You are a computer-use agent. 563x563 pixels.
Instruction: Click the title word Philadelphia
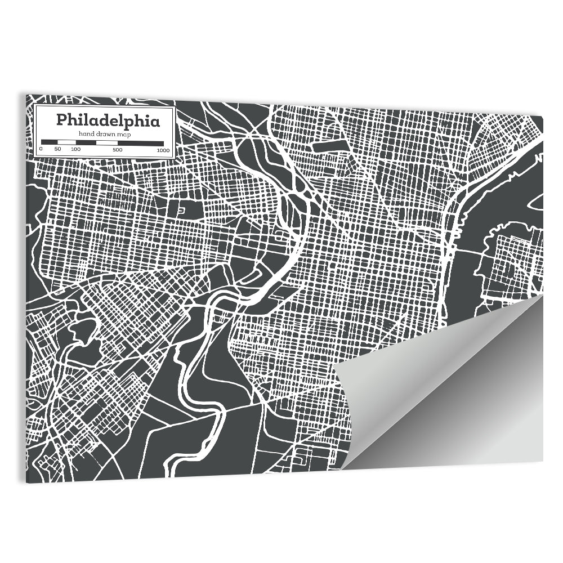107,120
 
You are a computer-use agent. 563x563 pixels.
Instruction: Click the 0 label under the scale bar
41,150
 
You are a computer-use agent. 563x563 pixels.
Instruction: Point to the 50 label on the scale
57,150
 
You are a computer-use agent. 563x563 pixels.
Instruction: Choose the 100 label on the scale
76,150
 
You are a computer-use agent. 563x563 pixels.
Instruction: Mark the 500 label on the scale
117,150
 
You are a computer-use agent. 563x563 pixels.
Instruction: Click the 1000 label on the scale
163,150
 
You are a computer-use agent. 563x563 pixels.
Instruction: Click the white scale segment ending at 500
106,143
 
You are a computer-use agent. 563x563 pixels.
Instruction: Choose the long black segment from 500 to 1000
140,143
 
